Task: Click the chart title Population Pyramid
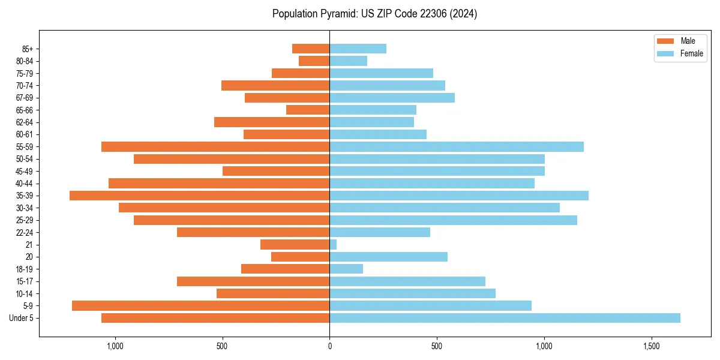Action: [374, 14]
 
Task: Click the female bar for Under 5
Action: [505, 318]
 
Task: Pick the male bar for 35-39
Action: [199, 196]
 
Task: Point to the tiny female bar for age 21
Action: [333, 245]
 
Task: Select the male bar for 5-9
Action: [200, 306]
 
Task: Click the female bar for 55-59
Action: [457, 147]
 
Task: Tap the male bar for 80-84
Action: [314, 61]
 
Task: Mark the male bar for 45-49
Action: [276, 171]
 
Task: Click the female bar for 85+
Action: [358, 49]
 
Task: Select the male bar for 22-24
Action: [253, 232]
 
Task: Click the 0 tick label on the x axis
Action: [329, 347]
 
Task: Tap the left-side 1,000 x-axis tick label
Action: [115, 347]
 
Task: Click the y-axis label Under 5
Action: [22, 318]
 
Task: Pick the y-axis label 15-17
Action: [25, 281]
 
